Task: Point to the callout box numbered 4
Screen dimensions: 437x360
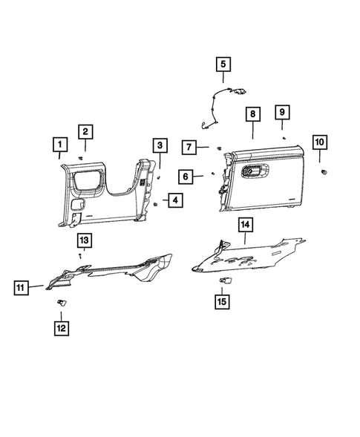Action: click(x=173, y=200)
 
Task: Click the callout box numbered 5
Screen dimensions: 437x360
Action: click(x=223, y=65)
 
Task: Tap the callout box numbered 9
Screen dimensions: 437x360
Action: click(x=282, y=112)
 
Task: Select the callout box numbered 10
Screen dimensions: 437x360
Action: click(x=319, y=142)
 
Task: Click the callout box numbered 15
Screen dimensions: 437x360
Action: click(x=222, y=301)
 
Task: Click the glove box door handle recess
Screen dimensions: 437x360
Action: click(x=252, y=171)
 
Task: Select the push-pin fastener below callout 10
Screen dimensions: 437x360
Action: click(x=324, y=172)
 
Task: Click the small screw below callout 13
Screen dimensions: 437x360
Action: click(x=79, y=254)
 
